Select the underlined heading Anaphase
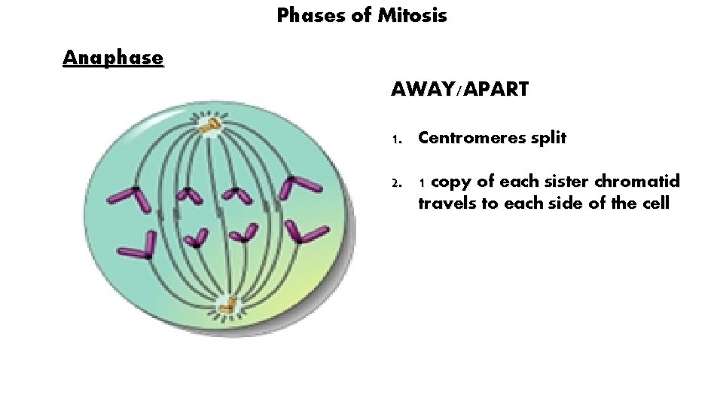[x=113, y=58]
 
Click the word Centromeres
[x=472, y=139]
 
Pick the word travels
[x=445, y=203]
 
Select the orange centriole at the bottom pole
[x=228, y=305]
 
